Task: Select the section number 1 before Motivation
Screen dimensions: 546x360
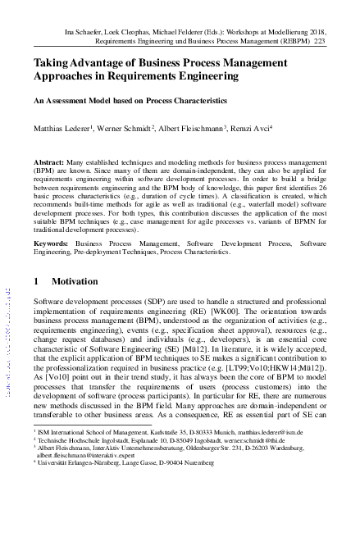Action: click(36, 281)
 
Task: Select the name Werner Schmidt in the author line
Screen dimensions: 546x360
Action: click(134, 128)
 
